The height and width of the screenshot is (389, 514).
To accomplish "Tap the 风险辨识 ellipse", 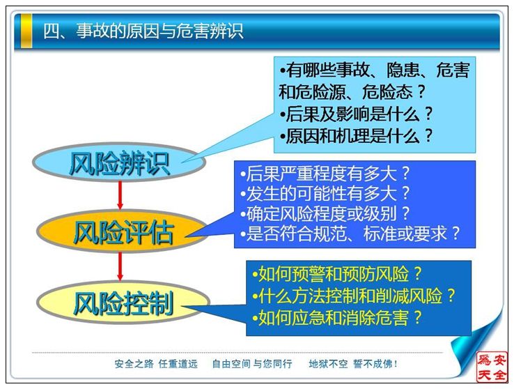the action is coord(119,162).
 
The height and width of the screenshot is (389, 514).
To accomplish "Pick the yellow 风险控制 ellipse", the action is coord(123,303).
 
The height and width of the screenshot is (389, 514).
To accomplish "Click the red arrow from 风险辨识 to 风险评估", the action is coord(120,195).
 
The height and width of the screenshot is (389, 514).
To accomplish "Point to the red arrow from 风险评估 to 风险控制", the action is coord(120,266).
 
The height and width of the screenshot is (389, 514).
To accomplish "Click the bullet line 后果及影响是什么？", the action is coord(357,114).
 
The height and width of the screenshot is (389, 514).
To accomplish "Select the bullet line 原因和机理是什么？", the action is coord(357,136).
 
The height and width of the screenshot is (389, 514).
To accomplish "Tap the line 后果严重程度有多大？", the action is coord(325,173).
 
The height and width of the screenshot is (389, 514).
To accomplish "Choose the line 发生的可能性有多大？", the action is coord(325,193).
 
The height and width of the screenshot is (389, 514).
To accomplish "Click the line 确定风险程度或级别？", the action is coord(325,213).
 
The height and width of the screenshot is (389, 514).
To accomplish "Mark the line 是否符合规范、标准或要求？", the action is coord(350,234).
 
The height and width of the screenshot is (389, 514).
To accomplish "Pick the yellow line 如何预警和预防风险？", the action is coord(336,274).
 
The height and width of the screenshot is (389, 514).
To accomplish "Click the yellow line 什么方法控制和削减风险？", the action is coord(353,296).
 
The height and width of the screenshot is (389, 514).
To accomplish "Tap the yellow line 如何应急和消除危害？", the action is coord(336,317).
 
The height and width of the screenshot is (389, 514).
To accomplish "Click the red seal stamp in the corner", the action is coord(492,367).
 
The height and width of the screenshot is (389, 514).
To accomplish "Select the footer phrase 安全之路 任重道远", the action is coord(157,364).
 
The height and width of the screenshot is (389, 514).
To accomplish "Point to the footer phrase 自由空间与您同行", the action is coord(251,364).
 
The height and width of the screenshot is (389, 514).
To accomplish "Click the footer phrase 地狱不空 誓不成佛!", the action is coord(353,364).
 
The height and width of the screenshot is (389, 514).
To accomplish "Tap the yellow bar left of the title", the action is coord(26,31).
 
